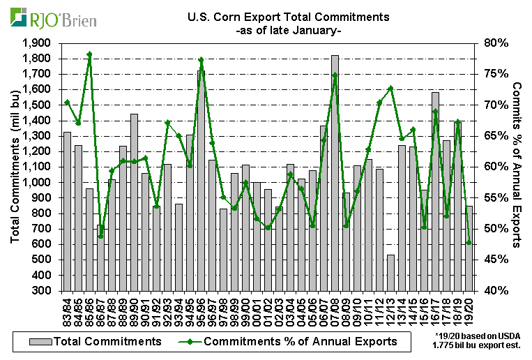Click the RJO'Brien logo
coord(47,16)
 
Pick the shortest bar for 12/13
coord(390,272)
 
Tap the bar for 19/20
coord(469,248)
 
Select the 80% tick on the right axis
coord(490,43)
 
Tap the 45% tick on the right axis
coord(490,260)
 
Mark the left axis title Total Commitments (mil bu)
coord(15,167)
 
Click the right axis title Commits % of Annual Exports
coord(517,165)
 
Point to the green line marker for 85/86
coord(89,54)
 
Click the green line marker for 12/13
coord(390,88)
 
